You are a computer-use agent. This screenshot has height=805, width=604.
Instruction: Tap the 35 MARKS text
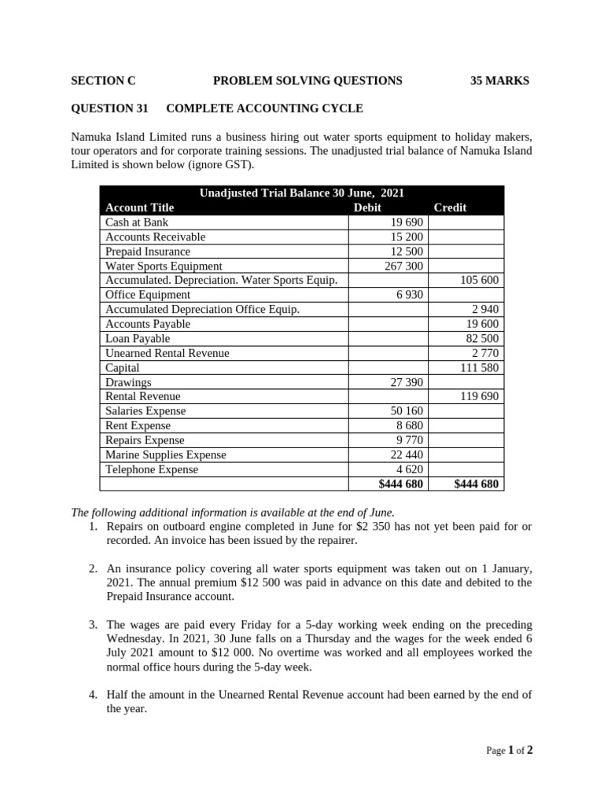(499, 80)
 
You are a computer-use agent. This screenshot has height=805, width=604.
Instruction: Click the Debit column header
(367, 208)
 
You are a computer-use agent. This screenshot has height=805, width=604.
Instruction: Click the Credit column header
(450, 208)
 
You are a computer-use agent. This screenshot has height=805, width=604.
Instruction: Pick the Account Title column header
(139, 208)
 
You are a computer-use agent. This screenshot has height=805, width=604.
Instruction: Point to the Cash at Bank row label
(137, 222)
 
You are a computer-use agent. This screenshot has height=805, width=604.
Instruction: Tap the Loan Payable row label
(138, 339)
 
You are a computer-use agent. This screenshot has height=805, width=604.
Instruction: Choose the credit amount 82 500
(481, 339)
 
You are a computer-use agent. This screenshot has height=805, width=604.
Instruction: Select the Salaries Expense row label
(145, 411)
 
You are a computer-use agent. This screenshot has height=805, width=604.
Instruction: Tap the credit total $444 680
(476, 484)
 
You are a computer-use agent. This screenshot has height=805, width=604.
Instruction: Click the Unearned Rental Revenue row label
(168, 353)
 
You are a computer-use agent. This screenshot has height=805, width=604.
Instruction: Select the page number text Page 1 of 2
(510, 751)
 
